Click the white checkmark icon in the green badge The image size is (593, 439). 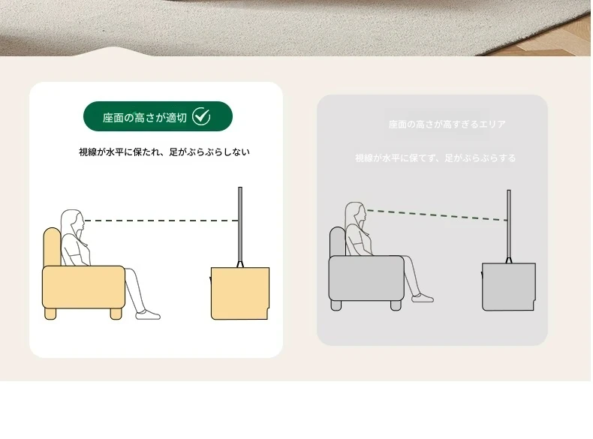201,116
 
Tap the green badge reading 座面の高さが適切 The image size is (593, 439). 158,116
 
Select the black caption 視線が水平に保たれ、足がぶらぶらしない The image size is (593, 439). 164,152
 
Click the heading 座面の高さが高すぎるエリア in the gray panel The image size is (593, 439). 447,125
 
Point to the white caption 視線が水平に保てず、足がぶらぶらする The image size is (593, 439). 435,158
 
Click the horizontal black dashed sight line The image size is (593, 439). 161,221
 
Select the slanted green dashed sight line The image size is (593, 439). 437,215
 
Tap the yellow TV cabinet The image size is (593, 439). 239,293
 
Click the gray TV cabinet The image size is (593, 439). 509,287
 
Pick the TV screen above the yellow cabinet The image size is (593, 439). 240,226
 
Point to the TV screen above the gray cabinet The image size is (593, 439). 509,226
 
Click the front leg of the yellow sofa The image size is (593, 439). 116,314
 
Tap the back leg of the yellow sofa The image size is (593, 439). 50,314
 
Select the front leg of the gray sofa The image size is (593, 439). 396,305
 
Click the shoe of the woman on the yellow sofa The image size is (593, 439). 148,314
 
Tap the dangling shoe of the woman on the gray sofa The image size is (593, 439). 423,298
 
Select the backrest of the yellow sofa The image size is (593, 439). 52,247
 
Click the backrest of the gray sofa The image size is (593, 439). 337,242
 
